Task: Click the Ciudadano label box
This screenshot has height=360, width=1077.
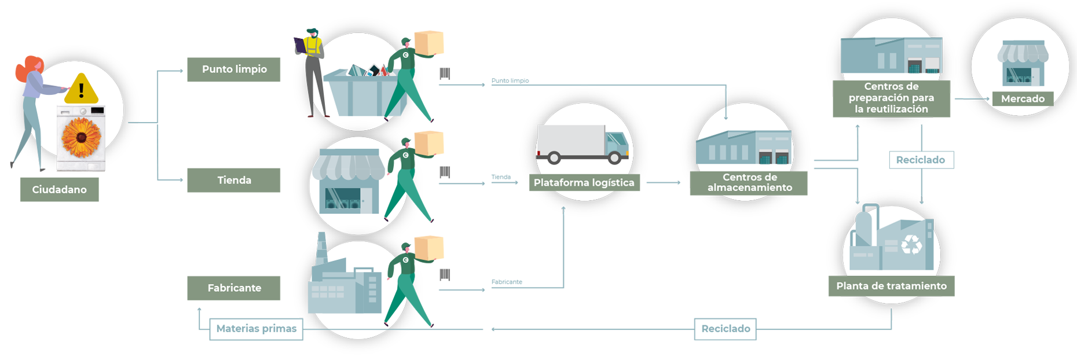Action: (59, 189)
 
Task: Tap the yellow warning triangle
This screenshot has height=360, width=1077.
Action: (81, 89)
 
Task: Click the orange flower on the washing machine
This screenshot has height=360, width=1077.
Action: (81, 137)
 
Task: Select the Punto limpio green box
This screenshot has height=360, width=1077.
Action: (233, 69)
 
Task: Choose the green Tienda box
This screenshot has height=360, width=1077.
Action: (233, 180)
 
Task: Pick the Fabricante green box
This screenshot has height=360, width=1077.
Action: (233, 288)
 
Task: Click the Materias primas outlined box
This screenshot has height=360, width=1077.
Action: (256, 329)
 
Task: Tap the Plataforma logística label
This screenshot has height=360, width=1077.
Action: (584, 182)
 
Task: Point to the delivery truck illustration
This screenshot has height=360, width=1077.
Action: (582, 144)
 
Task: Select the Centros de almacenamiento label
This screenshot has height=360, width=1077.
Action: (749, 182)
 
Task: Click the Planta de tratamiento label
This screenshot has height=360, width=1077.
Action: (891, 286)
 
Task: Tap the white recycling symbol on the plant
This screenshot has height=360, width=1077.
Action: (911, 244)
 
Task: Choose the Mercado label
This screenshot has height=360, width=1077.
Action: (1023, 99)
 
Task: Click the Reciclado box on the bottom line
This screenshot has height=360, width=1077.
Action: (726, 329)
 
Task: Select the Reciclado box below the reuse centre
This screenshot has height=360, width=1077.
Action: (921, 160)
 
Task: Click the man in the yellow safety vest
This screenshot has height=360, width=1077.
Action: (312, 72)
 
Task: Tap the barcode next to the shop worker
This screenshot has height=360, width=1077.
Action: (445, 172)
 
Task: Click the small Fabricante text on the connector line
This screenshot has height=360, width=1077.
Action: (507, 282)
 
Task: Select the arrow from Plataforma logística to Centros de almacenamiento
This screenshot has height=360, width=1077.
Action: (664, 182)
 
